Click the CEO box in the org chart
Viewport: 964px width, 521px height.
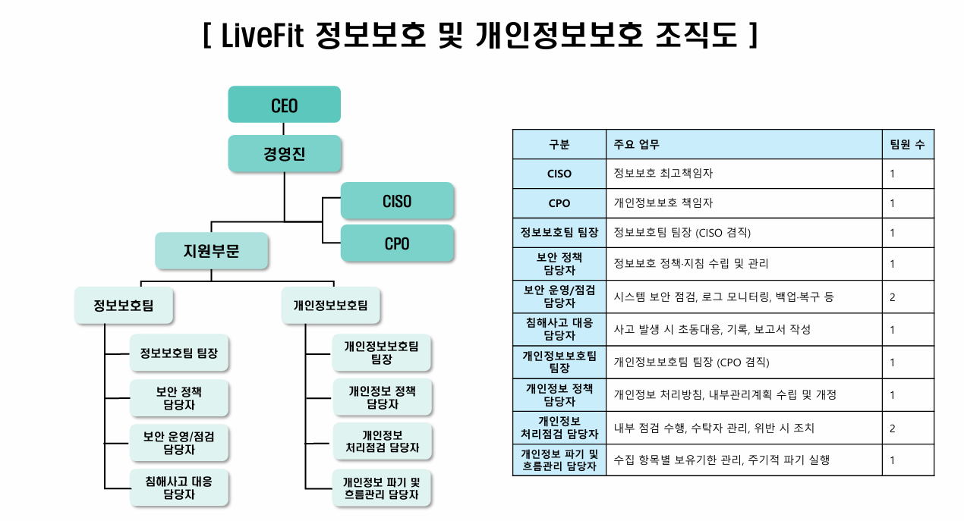pyautogui.click(x=284, y=105)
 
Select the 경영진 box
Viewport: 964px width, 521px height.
pyautogui.click(x=284, y=154)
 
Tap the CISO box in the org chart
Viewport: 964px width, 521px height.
pyautogui.click(x=397, y=201)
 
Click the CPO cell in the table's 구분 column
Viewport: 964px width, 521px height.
pyautogui.click(x=559, y=203)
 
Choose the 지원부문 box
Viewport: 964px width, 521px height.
pyautogui.click(x=211, y=251)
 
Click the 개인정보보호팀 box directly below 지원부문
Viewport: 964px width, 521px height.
pyautogui.click(x=330, y=306)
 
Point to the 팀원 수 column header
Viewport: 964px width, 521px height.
pyautogui.click(x=907, y=145)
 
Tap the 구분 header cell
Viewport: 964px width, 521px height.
pyautogui.click(x=559, y=145)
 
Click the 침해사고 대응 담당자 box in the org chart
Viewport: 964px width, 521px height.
pyautogui.click(x=179, y=488)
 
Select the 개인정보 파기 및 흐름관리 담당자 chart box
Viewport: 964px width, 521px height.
pyautogui.click(x=382, y=488)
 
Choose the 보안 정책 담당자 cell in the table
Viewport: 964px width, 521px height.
pyautogui.click(x=559, y=263)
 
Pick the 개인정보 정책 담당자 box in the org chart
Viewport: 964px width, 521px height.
pyautogui.click(x=382, y=397)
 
